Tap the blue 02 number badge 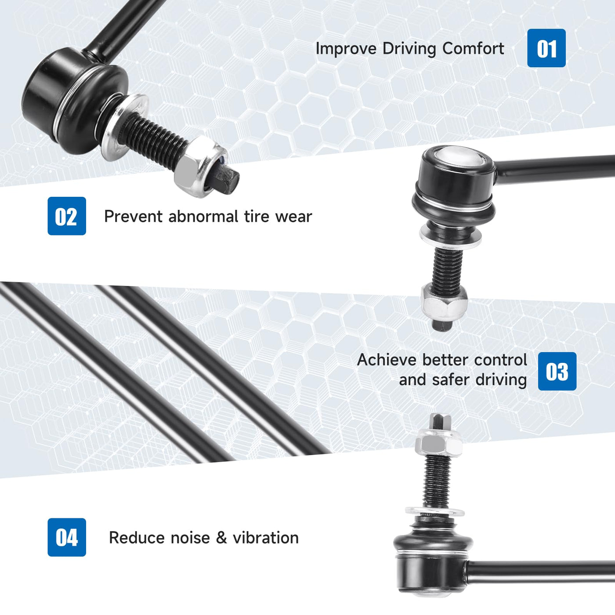(67, 216)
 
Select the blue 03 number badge (557, 371)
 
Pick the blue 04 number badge (67, 537)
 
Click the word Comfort (473, 48)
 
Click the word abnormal (203, 217)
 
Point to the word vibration (265, 538)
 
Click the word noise (190, 538)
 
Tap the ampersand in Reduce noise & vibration (221, 538)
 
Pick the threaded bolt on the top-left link (152, 142)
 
